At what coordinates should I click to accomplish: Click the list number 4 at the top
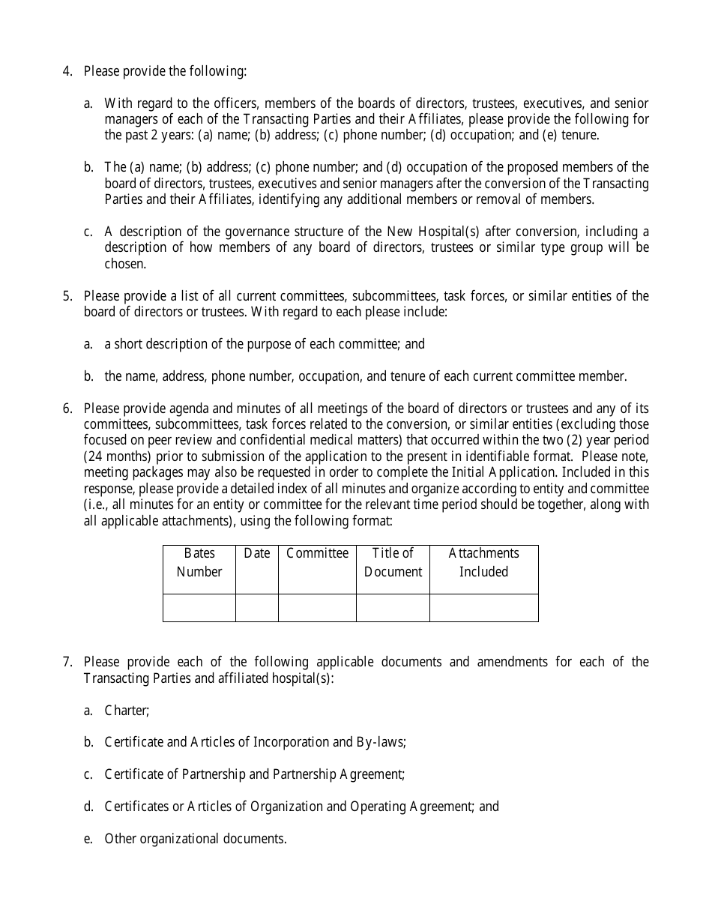(67, 71)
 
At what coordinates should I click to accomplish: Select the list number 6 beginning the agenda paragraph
(67, 409)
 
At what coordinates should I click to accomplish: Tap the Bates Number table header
(199, 562)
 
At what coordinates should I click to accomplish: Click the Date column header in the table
(257, 553)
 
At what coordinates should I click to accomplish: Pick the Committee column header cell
(317, 553)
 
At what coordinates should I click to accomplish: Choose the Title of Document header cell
(393, 562)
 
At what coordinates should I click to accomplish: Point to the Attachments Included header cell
(483, 562)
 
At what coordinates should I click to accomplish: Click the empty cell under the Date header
(257, 608)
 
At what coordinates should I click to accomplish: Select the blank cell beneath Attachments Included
(483, 608)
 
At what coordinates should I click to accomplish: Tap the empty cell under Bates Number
(199, 608)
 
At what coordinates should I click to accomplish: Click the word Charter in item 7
(127, 711)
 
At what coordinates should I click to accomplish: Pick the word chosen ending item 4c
(125, 264)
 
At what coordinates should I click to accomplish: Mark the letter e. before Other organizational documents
(88, 839)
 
